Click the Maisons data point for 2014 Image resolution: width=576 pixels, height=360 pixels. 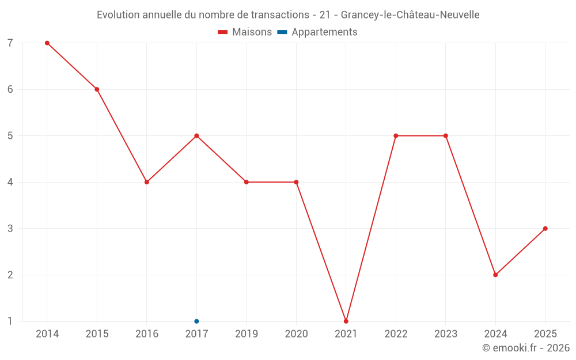point(47,43)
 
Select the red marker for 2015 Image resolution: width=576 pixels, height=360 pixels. point(97,89)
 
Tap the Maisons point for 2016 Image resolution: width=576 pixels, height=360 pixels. point(147,182)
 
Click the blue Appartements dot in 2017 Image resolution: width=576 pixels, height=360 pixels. point(196,321)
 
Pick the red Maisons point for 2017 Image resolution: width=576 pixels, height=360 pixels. point(196,136)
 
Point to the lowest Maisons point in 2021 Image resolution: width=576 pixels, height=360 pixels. point(346,321)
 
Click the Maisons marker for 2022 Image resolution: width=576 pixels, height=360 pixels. point(396,136)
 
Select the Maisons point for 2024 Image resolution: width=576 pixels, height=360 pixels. point(495,275)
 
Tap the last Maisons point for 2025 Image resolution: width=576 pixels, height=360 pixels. point(545,229)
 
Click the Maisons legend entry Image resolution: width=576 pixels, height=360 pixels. point(245,32)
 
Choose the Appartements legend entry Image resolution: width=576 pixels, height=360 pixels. point(317,32)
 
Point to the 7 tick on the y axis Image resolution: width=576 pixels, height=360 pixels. point(10,43)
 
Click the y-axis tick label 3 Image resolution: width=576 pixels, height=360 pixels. point(10,229)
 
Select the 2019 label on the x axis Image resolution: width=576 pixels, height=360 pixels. point(247,334)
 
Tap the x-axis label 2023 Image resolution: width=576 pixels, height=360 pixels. point(446,334)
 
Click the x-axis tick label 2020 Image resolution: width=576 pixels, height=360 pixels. point(297,334)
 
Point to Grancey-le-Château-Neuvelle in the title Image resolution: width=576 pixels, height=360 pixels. point(410,15)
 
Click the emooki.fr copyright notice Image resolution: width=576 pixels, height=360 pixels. point(526,347)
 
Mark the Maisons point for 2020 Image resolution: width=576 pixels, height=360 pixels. point(297,182)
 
